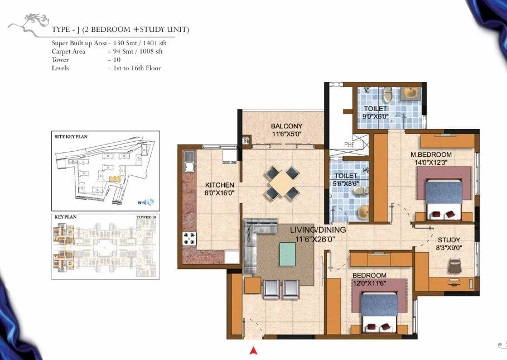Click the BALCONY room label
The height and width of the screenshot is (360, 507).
coord(286,126)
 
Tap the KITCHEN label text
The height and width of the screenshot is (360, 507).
coord(219,185)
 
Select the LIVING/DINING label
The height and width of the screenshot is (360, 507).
coord(317,230)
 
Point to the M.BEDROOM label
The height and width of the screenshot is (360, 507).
coord(431,155)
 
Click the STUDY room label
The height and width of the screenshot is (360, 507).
coord(448,240)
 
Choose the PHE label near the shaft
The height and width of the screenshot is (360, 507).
coord(349,145)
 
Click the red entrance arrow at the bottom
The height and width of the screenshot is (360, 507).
coord(253,351)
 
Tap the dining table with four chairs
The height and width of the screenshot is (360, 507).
coord(282,181)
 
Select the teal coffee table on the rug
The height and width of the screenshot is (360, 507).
coord(288,254)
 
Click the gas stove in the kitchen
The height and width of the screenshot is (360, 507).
coord(189,238)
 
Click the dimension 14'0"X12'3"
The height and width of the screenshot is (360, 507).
coord(431,162)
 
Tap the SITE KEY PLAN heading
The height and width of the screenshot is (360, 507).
coord(71,136)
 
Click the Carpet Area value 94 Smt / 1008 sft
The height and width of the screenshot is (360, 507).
coord(137,51)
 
